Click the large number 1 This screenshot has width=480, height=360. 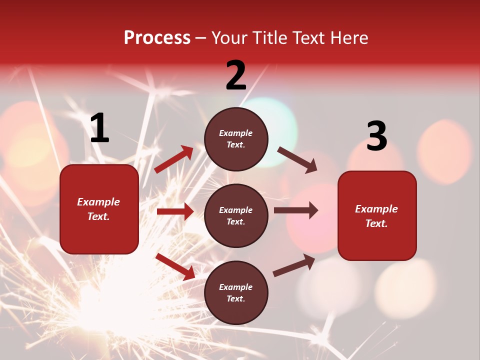click(99, 128)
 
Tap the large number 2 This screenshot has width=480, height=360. click(236, 75)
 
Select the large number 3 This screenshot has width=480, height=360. click(376, 136)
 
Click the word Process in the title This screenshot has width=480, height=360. click(157, 37)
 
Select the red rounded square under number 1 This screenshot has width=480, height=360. click(99, 209)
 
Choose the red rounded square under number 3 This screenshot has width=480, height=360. click(377, 216)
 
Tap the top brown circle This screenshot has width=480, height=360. click(236, 139)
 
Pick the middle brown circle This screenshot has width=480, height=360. click(236, 216)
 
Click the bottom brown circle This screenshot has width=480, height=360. click(236, 293)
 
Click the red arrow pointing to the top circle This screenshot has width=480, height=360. click(174, 159)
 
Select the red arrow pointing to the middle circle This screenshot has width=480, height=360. click(175, 211)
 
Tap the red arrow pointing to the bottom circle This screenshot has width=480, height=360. click(175, 266)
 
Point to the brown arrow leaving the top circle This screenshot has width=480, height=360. click(297, 159)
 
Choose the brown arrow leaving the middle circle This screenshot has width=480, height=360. click(295, 210)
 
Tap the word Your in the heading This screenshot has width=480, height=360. click(229, 37)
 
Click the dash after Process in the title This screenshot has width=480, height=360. click(201, 38)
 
